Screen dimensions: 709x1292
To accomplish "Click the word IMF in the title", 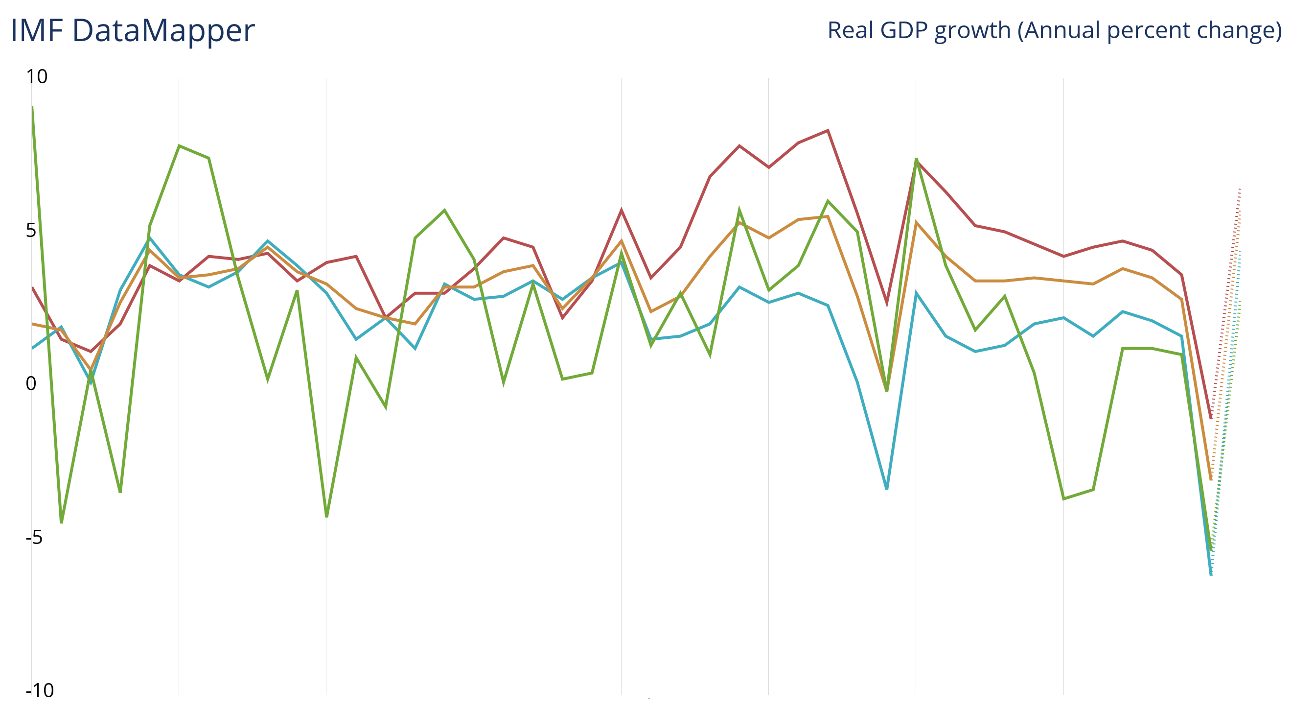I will click(x=37, y=31).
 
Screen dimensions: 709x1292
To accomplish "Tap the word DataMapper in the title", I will click(x=163, y=31).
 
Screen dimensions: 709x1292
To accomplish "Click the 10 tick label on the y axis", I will click(x=37, y=77).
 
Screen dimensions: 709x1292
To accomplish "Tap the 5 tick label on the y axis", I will click(x=31, y=230).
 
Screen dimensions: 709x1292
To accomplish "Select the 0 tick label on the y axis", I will click(x=31, y=384).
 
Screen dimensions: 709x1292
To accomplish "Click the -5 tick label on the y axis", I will click(x=34, y=538).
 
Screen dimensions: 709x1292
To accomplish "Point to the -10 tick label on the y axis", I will click(x=40, y=691).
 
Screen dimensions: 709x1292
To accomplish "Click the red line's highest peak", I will click(x=828, y=130).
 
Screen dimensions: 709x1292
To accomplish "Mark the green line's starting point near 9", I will click(x=32, y=107).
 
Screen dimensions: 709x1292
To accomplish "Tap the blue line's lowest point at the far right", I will click(x=1211, y=574).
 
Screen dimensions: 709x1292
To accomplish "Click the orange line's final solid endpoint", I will click(x=1211, y=480).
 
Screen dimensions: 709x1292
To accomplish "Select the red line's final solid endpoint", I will click(x=1211, y=418).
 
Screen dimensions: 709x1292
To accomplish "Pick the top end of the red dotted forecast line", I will click(x=1240, y=188).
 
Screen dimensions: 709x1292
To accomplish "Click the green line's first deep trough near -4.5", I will click(x=61, y=523).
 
